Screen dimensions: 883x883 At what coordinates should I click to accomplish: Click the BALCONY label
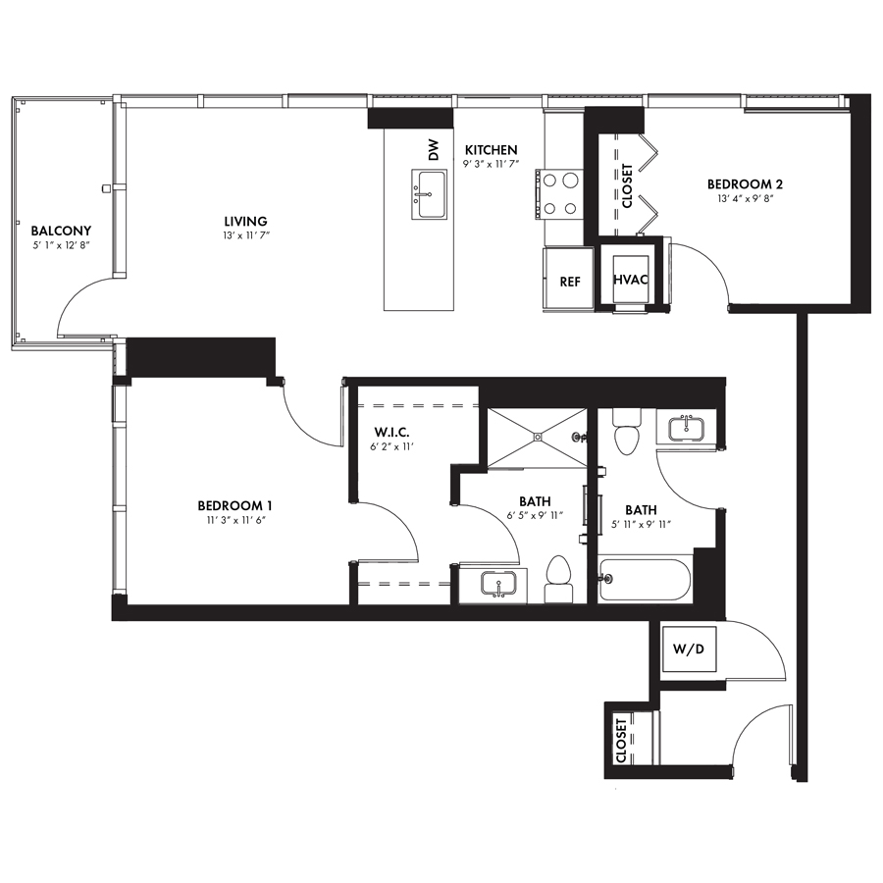(61, 231)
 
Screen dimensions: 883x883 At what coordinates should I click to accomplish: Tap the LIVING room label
(245, 222)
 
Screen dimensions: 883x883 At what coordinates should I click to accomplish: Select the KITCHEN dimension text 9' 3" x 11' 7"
(492, 164)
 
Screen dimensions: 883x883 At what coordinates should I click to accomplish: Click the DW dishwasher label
(433, 150)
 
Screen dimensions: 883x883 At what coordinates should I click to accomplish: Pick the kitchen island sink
(429, 193)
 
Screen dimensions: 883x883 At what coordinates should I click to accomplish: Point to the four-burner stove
(557, 194)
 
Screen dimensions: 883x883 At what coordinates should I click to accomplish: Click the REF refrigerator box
(569, 278)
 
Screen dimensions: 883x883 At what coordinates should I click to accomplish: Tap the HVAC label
(630, 280)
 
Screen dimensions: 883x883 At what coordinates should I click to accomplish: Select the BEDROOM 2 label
(745, 184)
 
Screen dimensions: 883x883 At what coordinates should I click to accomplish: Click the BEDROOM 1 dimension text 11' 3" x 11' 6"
(235, 520)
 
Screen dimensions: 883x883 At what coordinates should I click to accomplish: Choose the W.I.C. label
(391, 433)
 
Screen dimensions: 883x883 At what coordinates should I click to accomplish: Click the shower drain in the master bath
(538, 436)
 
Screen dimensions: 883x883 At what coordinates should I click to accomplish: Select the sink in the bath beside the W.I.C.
(499, 584)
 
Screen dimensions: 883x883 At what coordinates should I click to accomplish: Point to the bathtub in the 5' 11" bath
(645, 580)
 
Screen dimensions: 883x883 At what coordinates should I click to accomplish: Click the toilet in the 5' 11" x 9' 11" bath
(627, 432)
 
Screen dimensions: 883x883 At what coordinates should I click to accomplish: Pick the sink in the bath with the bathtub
(687, 429)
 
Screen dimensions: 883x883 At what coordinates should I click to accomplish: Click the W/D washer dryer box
(689, 649)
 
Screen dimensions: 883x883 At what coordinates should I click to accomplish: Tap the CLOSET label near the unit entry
(621, 740)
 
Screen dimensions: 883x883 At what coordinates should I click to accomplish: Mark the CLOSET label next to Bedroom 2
(627, 185)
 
